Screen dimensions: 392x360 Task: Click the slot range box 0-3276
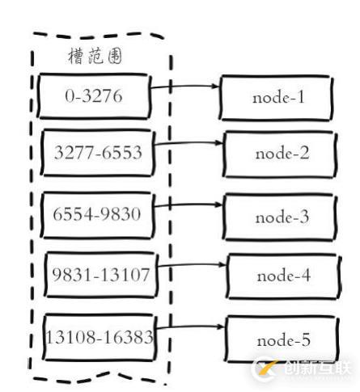pos(94,96)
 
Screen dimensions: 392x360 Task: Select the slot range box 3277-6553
pos(98,154)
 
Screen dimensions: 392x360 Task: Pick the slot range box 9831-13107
pos(98,274)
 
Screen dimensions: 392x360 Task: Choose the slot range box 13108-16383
pos(98,335)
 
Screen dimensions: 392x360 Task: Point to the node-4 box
pos(282,274)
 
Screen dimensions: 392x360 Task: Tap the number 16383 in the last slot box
pos(131,335)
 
